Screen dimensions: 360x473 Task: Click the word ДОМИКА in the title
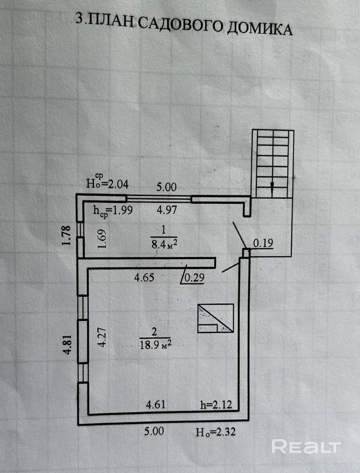(x=259, y=28)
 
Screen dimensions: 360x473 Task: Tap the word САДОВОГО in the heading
(x=181, y=24)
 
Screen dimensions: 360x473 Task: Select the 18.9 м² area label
(x=156, y=344)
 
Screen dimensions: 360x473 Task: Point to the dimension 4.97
(x=166, y=209)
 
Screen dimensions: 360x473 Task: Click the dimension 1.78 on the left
(x=66, y=236)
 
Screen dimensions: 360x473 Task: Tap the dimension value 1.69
(x=103, y=239)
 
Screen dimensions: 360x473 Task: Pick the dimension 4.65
(x=144, y=277)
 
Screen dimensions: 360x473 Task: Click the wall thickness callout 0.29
(x=194, y=278)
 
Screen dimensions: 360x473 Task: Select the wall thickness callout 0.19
(x=263, y=243)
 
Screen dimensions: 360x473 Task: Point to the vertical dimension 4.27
(x=103, y=337)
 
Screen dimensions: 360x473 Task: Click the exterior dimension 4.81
(x=68, y=344)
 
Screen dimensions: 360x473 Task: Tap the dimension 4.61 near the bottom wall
(x=156, y=404)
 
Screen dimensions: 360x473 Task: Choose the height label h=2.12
(x=216, y=404)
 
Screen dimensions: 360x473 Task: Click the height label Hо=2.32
(x=215, y=432)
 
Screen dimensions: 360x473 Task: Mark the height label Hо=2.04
(x=107, y=181)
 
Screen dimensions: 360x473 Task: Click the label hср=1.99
(x=113, y=210)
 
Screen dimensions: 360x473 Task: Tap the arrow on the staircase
(x=272, y=189)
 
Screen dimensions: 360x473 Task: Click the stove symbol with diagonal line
(x=215, y=318)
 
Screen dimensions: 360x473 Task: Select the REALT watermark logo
(x=306, y=446)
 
